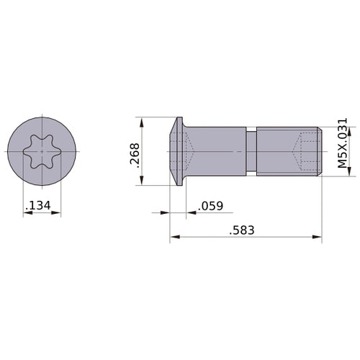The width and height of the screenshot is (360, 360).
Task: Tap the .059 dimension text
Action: (x=209, y=207)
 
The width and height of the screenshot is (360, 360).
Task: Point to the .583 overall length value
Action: (x=242, y=231)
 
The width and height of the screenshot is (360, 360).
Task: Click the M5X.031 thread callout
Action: (x=343, y=143)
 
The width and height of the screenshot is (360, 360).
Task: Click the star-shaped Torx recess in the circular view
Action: (x=42, y=152)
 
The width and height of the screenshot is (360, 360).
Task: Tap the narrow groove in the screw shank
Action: (x=251, y=152)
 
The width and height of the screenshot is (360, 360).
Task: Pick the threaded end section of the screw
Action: (x=284, y=152)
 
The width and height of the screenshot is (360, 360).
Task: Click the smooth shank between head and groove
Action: (x=216, y=152)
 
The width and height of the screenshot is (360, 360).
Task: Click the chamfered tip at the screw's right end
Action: (x=318, y=152)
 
